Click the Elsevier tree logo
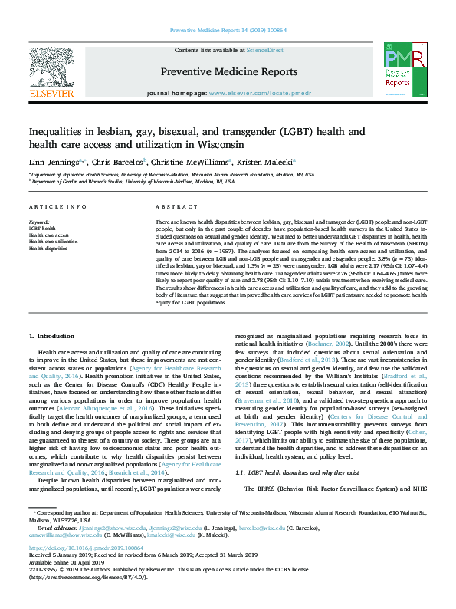click(51, 69)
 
